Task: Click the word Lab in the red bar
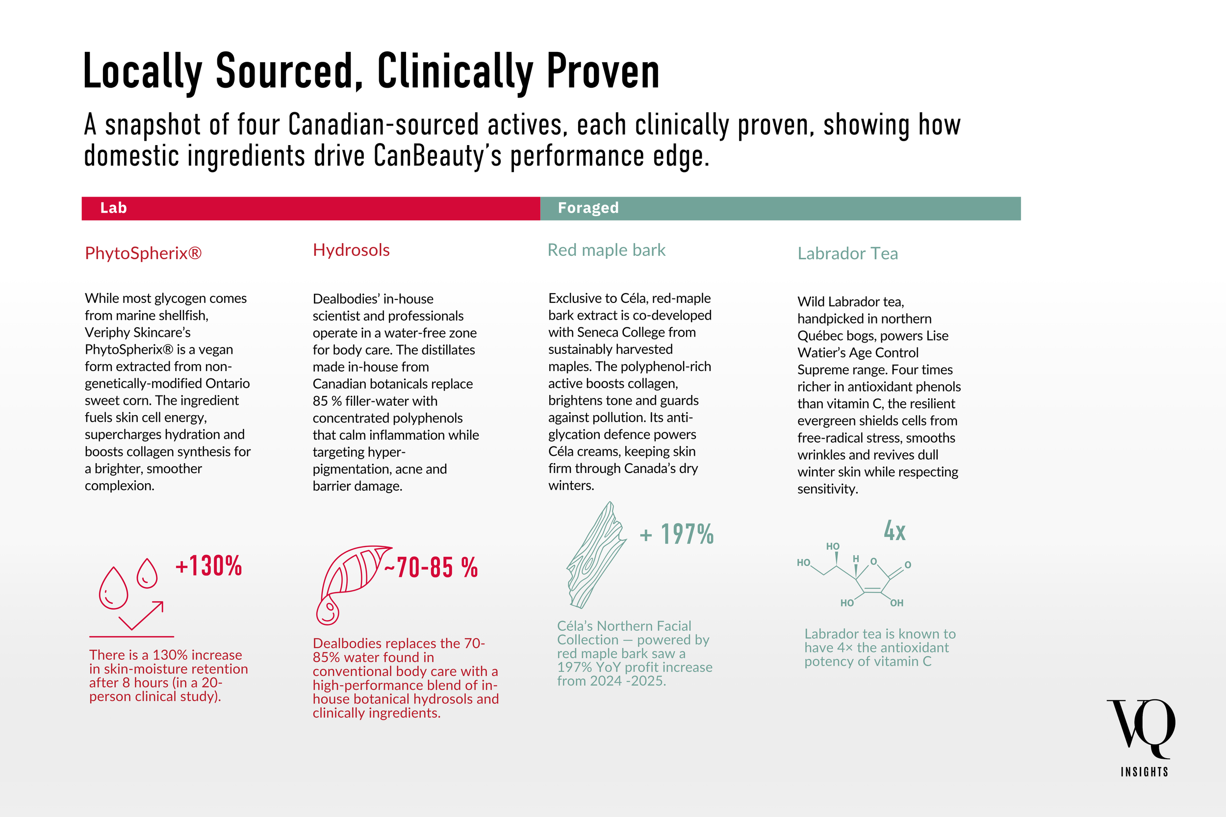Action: (x=113, y=208)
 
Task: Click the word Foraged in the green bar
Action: (x=588, y=208)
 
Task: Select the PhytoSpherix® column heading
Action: (x=143, y=253)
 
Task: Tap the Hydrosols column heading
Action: (x=351, y=250)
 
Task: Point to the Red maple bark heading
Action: (x=606, y=250)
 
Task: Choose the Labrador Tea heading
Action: (x=847, y=253)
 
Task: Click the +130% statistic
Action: (x=208, y=566)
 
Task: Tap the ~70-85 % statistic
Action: (x=431, y=568)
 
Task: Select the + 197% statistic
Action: (x=677, y=534)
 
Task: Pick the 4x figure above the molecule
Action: (x=894, y=531)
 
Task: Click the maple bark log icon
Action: (x=596, y=555)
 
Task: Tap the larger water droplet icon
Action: (x=113, y=588)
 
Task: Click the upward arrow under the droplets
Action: (x=142, y=616)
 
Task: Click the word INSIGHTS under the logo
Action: (x=1144, y=772)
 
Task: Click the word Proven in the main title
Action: (x=603, y=72)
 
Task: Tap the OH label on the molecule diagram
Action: (x=896, y=603)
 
